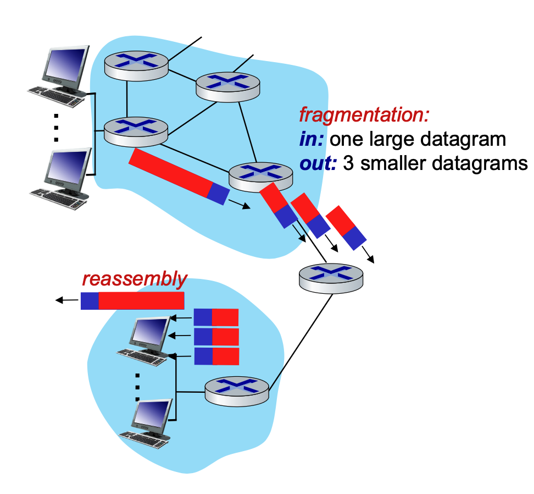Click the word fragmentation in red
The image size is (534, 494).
click(363, 115)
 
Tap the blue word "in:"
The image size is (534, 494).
click(312, 139)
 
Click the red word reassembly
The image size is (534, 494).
click(135, 279)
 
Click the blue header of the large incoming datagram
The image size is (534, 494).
click(218, 193)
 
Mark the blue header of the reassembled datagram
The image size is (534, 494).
click(90, 300)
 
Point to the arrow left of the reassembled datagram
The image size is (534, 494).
click(66, 300)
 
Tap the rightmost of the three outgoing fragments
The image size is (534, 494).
click(347, 225)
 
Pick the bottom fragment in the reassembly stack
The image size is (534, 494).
click(216, 356)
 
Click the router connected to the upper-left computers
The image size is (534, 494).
click(136, 131)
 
